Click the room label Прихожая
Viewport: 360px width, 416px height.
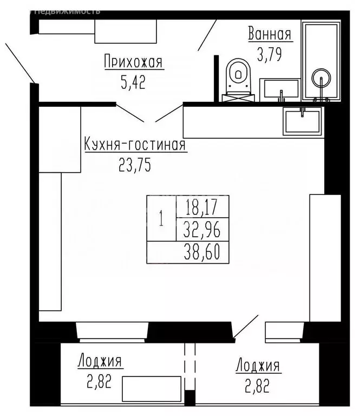click(133, 62)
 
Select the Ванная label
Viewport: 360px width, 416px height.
click(270, 34)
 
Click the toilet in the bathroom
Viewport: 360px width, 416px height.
click(238, 77)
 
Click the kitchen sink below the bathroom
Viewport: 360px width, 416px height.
click(303, 121)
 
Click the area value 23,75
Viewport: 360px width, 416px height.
click(134, 165)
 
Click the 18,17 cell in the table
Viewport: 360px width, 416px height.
click(202, 206)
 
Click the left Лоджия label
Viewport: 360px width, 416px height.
click(100, 361)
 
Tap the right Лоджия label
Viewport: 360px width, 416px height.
click(258, 366)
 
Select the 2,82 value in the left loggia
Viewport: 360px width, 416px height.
click(100, 381)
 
